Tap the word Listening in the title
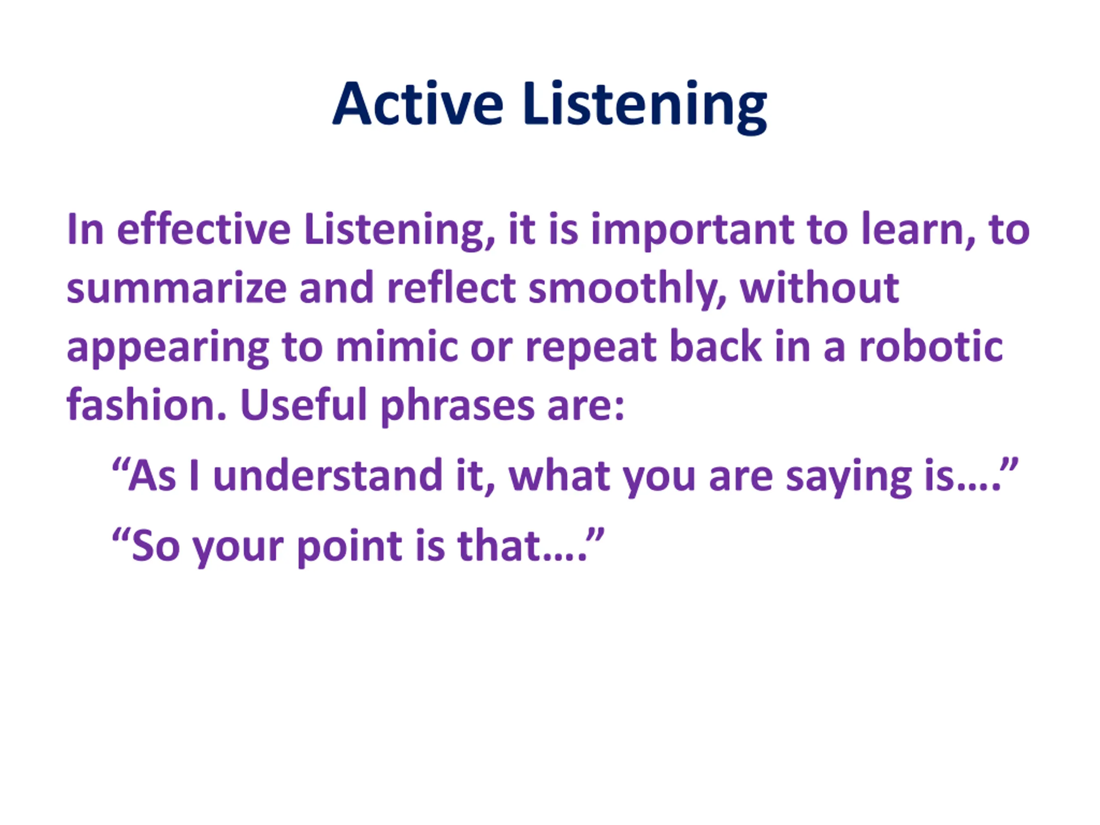click(645, 107)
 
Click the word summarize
click(177, 288)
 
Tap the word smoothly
click(627, 290)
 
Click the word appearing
click(168, 348)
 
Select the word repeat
click(591, 348)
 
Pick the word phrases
click(457, 406)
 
